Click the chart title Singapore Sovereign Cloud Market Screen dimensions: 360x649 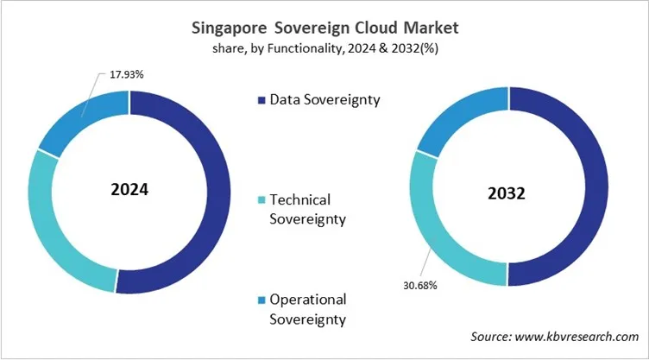[x=324, y=28]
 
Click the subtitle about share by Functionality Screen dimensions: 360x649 [x=324, y=49]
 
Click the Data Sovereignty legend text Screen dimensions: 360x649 [x=324, y=99]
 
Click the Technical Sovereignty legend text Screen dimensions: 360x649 [x=307, y=209]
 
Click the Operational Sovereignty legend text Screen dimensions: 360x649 [x=307, y=309]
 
